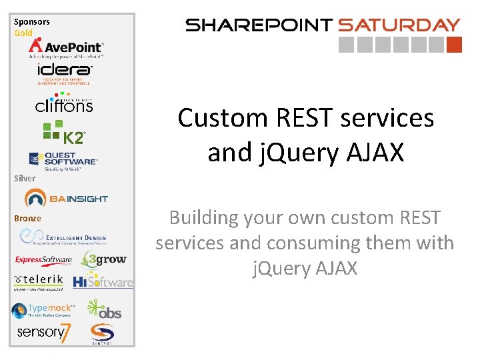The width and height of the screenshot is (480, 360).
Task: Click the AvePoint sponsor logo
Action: click(x=65, y=47)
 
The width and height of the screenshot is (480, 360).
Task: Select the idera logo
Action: click(x=64, y=72)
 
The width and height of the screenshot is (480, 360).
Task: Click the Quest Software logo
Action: click(x=64, y=160)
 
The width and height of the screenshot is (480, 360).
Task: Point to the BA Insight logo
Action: click(x=66, y=198)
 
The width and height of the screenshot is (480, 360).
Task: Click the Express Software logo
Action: click(x=44, y=260)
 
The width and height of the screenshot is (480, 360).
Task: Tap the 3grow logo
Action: click(x=103, y=259)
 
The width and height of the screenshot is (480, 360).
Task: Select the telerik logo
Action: click(x=39, y=281)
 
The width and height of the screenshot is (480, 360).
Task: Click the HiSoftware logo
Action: click(x=103, y=282)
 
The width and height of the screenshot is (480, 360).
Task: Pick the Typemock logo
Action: click(x=43, y=310)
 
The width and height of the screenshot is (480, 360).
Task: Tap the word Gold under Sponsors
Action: click(x=23, y=33)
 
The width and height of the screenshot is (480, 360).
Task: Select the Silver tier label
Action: click(x=24, y=178)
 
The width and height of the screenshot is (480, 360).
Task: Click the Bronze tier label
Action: click(x=27, y=218)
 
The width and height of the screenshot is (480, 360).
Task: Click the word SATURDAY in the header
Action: click(x=399, y=25)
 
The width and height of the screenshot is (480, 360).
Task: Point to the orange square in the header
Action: click(x=454, y=45)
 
